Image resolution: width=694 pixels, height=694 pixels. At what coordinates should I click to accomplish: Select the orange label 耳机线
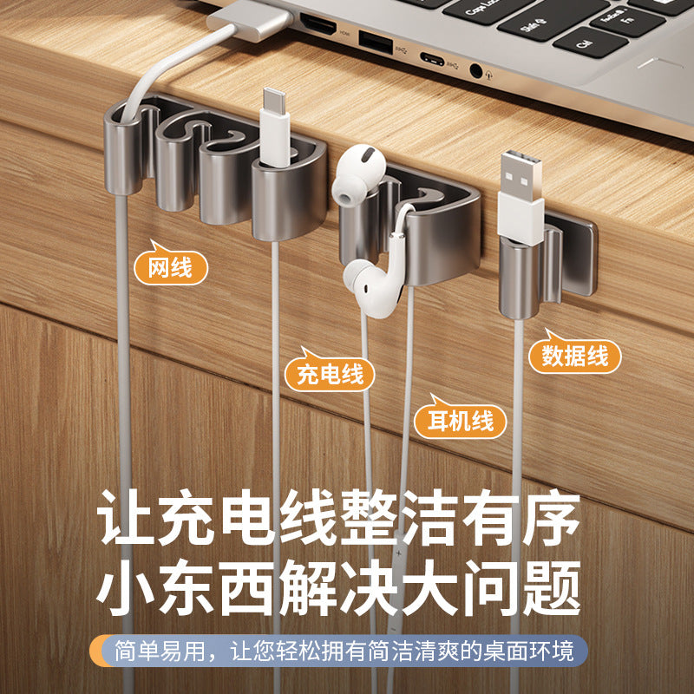coord(460,421)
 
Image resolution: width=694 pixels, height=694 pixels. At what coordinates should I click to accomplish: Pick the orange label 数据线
coord(574,355)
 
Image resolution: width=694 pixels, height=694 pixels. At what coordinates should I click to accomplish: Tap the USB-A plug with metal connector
coord(520,187)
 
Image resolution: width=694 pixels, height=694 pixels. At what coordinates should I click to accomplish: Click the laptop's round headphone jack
coord(475,71)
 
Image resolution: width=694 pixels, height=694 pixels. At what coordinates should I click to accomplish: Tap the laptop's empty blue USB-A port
coord(375,44)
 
